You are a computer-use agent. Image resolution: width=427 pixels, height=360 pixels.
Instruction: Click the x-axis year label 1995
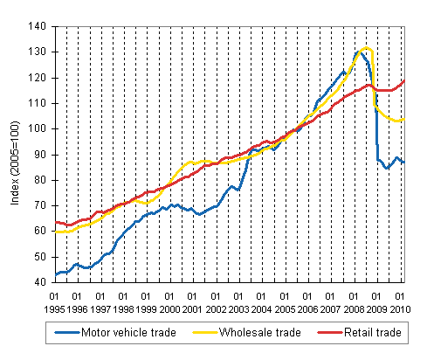pyautogui.click(x=53, y=309)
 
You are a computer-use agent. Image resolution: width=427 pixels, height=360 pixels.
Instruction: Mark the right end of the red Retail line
pyautogui.click(x=403, y=81)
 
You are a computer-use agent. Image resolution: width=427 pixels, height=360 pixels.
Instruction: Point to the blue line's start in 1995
pyautogui.click(x=55, y=274)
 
